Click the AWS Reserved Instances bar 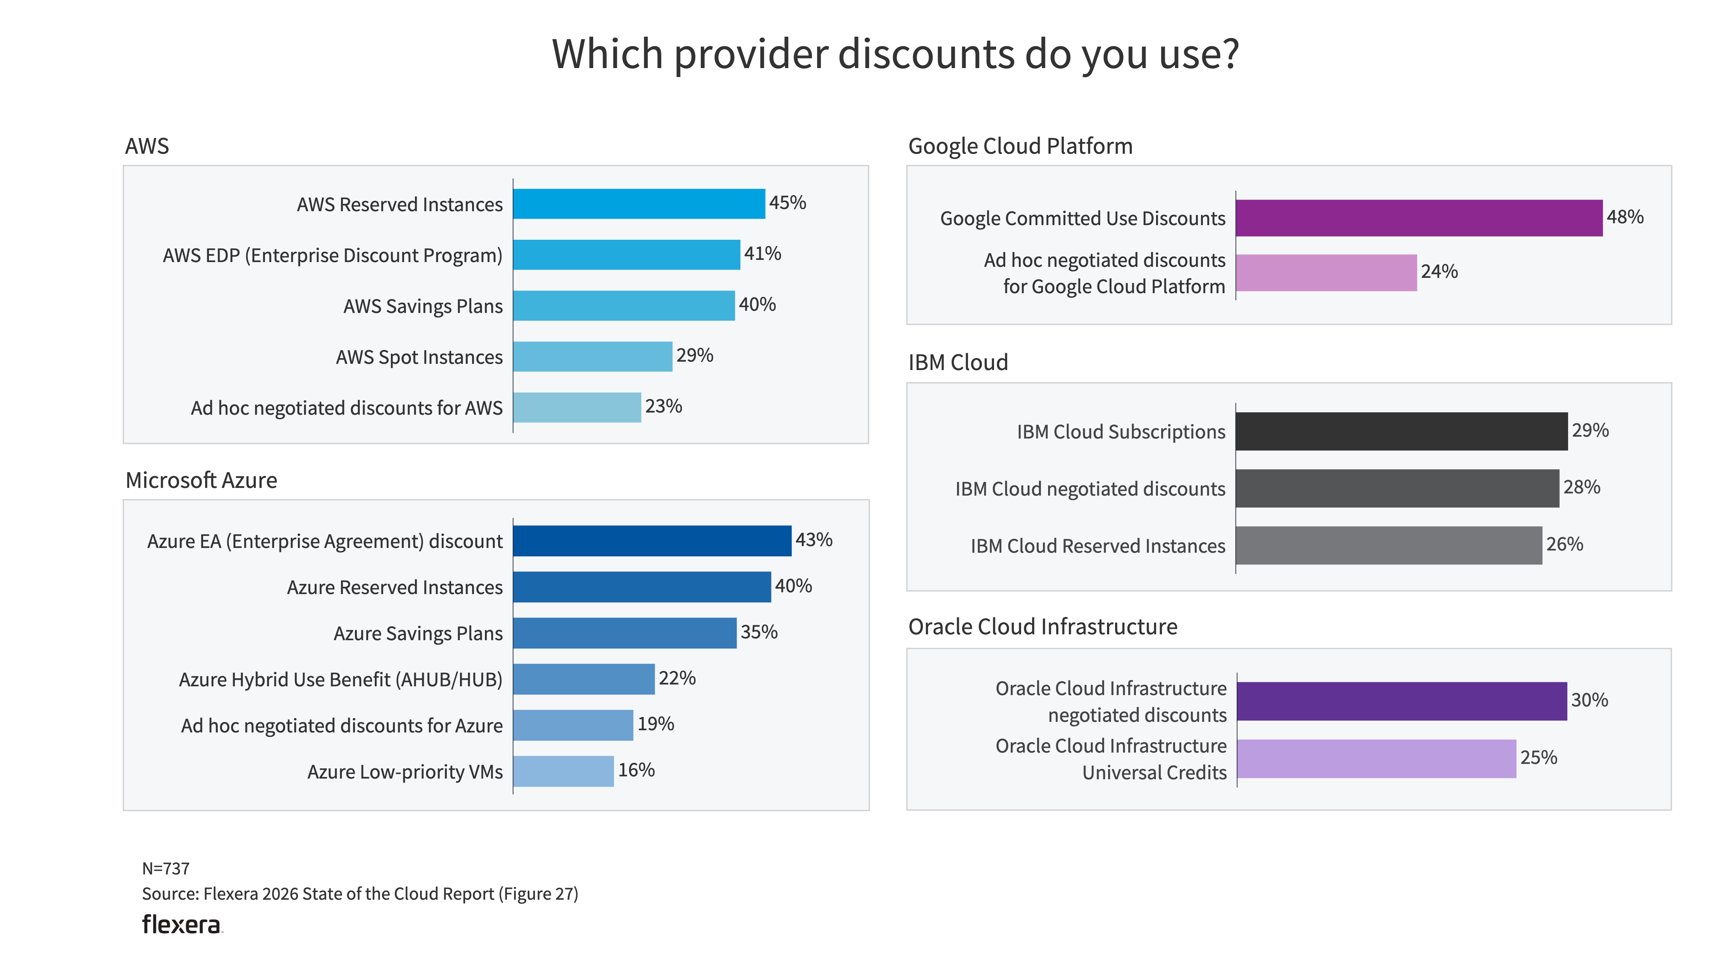[x=638, y=204]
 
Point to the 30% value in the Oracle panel [x=1589, y=700]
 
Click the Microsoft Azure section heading [x=201, y=480]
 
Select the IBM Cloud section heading [x=958, y=362]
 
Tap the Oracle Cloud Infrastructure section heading [x=1042, y=627]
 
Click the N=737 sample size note [x=166, y=869]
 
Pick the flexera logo [x=181, y=925]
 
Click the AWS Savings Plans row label [x=423, y=306]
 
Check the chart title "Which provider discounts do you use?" [x=895, y=53]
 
